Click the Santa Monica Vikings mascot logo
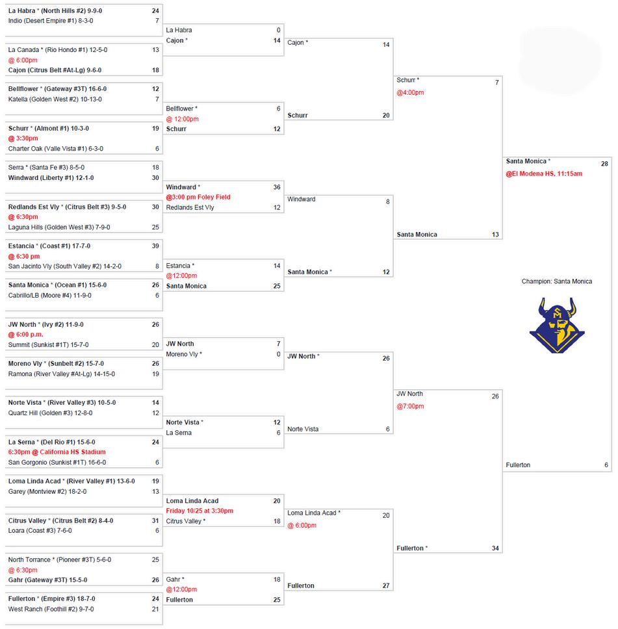pyautogui.click(x=557, y=325)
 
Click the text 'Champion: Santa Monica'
pyautogui.click(x=557, y=281)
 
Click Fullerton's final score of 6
pyautogui.click(x=606, y=465)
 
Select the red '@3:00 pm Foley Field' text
pyautogui.click(x=198, y=197)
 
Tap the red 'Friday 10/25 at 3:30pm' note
pyautogui.click(x=200, y=511)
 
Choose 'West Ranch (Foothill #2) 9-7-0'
pyautogui.click(x=51, y=609)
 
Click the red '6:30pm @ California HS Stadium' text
pyautogui.click(x=57, y=452)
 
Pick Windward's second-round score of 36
pyautogui.click(x=277, y=187)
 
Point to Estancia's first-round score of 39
pyautogui.click(x=155, y=246)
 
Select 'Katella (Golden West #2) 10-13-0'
pyautogui.click(x=55, y=99)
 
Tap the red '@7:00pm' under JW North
pyautogui.click(x=410, y=406)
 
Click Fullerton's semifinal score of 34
pyautogui.click(x=495, y=548)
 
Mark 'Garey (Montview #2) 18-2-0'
pyautogui.click(x=47, y=491)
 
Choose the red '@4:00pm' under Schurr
pyautogui.click(x=410, y=92)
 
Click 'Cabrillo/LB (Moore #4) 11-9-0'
pyautogui.click(x=50, y=295)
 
